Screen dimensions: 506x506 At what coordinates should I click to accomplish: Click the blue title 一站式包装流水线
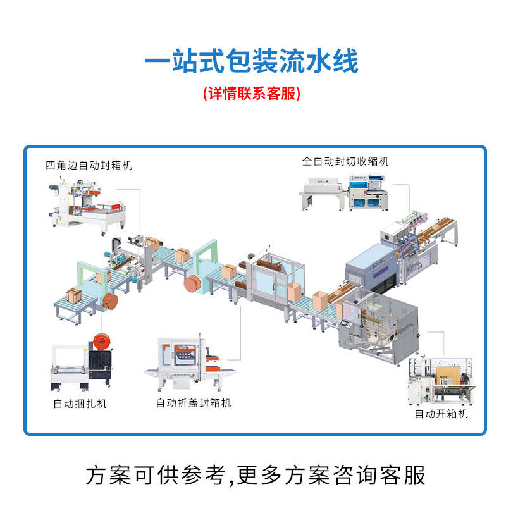click(x=252, y=62)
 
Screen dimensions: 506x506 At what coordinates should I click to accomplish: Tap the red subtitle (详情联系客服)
click(x=252, y=94)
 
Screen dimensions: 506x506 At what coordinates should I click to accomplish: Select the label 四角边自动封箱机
click(x=89, y=165)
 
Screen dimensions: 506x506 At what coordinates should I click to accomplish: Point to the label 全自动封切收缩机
click(x=345, y=161)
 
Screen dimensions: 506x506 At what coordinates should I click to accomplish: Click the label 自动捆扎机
click(x=80, y=404)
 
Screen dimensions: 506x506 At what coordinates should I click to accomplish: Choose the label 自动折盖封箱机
click(x=194, y=403)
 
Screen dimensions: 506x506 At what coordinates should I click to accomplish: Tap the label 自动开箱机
click(x=441, y=414)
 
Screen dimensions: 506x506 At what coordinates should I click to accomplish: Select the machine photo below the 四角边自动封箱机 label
click(x=89, y=204)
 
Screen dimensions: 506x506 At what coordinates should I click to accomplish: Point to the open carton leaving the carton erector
click(x=319, y=299)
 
